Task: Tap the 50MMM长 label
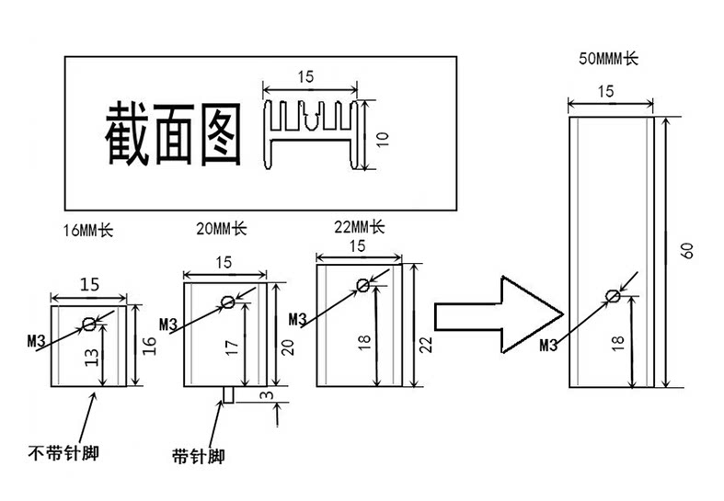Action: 607,59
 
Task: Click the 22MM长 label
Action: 359,226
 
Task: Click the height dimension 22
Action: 425,344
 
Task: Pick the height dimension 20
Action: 287,347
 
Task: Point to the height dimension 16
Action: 150,346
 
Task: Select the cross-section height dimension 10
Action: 384,138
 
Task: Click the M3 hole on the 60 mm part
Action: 612,295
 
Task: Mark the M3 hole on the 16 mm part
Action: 89,323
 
